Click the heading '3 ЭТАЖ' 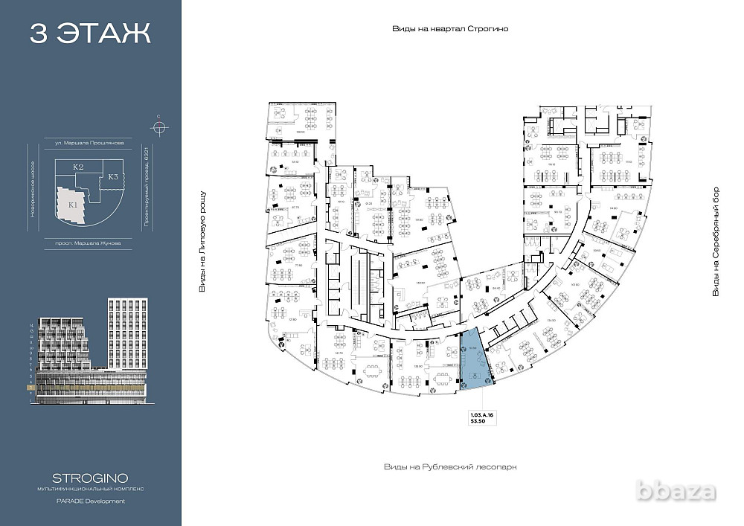(90, 33)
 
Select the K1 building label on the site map (72, 204)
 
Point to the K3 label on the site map (112, 177)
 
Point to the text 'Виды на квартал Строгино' (450, 29)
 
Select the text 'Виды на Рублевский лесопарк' (450, 466)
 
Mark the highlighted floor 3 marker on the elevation (31, 388)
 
